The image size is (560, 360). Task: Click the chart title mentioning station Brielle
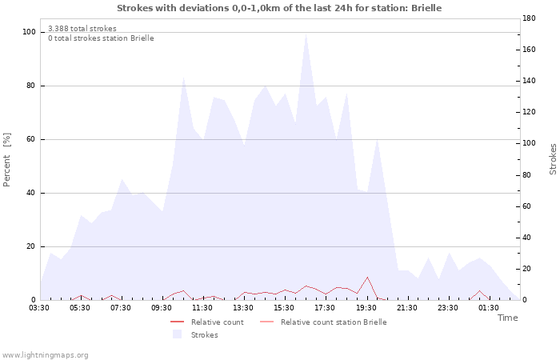pyautogui.click(x=279, y=8)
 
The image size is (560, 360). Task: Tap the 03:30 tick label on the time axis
pyautogui.click(x=39, y=308)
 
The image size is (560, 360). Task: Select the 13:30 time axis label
pyautogui.click(x=243, y=308)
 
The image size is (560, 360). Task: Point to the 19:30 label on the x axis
pyautogui.click(x=366, y=308)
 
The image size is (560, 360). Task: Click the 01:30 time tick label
pyautogui.click(x=489, y=308)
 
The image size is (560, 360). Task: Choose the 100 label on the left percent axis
pyautogui.click(x=30, y=32)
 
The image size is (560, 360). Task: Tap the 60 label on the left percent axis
pyautogui.click(x=31, y=139)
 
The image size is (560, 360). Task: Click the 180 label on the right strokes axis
pyautogui.click(x=529, y=18)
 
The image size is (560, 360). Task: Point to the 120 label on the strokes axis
pyautogui.click(x=529, y=112)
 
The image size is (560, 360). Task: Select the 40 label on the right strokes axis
pyautogui.click(x=526, y=238)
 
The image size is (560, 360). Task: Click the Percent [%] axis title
pyautogui.click(x=6, y=160)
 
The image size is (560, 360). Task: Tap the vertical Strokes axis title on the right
pyautogui.click(x=553, y=159)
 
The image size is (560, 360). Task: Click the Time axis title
pyautogui.click(x=508, y=318)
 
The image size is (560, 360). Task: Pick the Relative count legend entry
pyautogui.click(x=207, y=322)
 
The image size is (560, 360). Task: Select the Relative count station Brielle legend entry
pyautogui.click(x=323, y=322)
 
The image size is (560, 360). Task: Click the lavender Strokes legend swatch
pyautogui.click(x=177, y=334)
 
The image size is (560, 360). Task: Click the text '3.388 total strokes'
pyautogui.click(x=82, y=29)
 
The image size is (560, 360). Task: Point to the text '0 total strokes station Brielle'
pyautogui.click(x=101, y=38)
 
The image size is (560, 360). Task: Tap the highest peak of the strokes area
pyautogui.click(x=306, y=34)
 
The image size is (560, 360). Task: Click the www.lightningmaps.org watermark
pyautogui.click(x=45, y=355)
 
